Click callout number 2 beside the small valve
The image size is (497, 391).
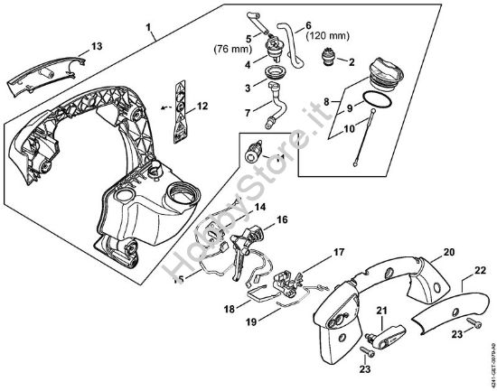click(x=352, y=63)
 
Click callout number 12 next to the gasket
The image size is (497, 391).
click(x=202, y=107)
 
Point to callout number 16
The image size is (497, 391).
click(x=282, y=219)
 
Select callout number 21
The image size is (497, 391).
click(x=382, y=312)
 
